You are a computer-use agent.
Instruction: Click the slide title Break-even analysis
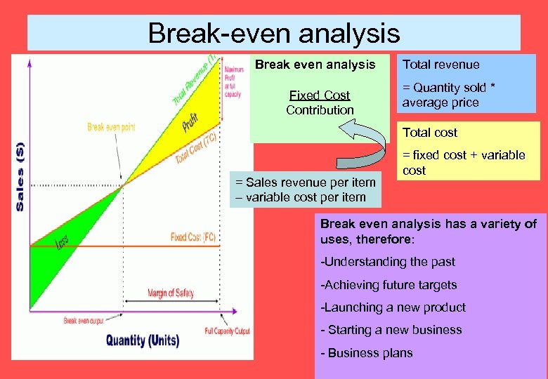coord(273,33)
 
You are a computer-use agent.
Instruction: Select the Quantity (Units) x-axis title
coord(143,341)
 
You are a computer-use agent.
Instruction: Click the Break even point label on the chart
coord(111,127)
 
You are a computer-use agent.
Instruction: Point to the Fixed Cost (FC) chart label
coord(193,237)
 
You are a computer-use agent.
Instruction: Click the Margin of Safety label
coord(171,293)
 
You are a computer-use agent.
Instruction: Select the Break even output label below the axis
coord(84,321)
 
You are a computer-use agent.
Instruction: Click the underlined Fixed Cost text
coord(320,95)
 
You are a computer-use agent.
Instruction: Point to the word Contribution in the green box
coord(320,110)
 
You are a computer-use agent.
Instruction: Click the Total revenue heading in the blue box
coord(441,65)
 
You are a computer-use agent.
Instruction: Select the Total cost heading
coord(429,133)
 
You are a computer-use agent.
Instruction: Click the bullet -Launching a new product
coord(393,307)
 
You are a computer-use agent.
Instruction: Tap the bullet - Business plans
coord(367,353)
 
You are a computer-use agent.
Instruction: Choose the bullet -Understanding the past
coord(388,262)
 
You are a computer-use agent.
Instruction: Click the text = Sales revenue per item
coord(306,182)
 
